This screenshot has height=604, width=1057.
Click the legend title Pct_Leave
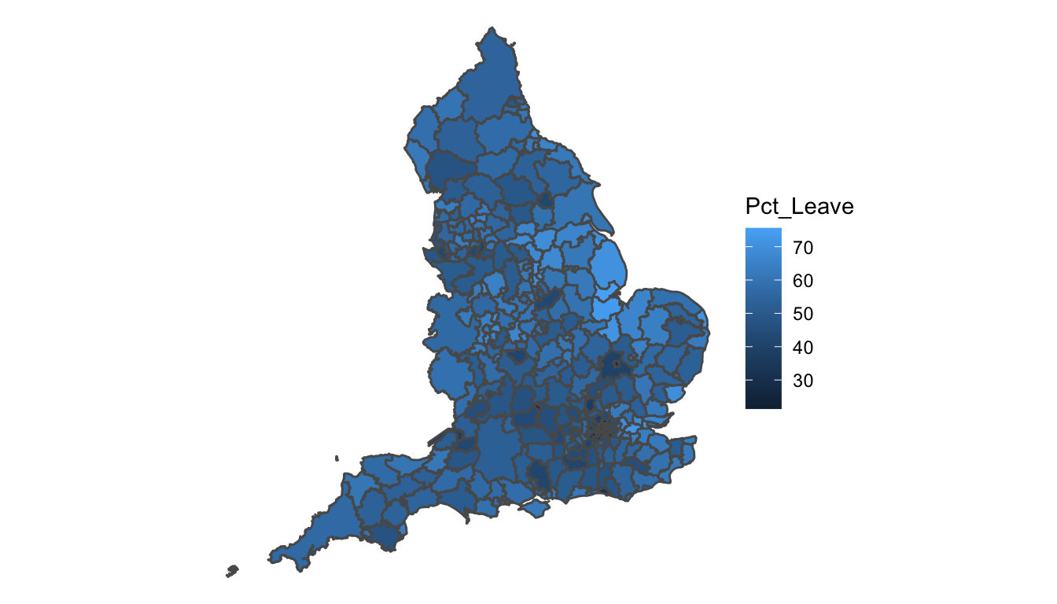[x=799, y=207]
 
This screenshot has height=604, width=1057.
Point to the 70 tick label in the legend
[x=802, y=248]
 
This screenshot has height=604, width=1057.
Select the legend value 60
[x=802, y=281]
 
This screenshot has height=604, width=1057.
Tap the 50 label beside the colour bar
[x=802, y=315]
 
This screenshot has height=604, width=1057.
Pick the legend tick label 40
[x=802, y=348]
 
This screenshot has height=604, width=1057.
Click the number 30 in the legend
[x=802, y=381]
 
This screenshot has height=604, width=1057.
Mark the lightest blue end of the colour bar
[x=763, y=231]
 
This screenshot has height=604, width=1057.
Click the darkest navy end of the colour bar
[x=763, y=405]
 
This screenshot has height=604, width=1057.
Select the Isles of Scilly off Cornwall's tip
[x=232, y=570]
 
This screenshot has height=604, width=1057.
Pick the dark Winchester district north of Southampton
[x=540, y=474]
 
